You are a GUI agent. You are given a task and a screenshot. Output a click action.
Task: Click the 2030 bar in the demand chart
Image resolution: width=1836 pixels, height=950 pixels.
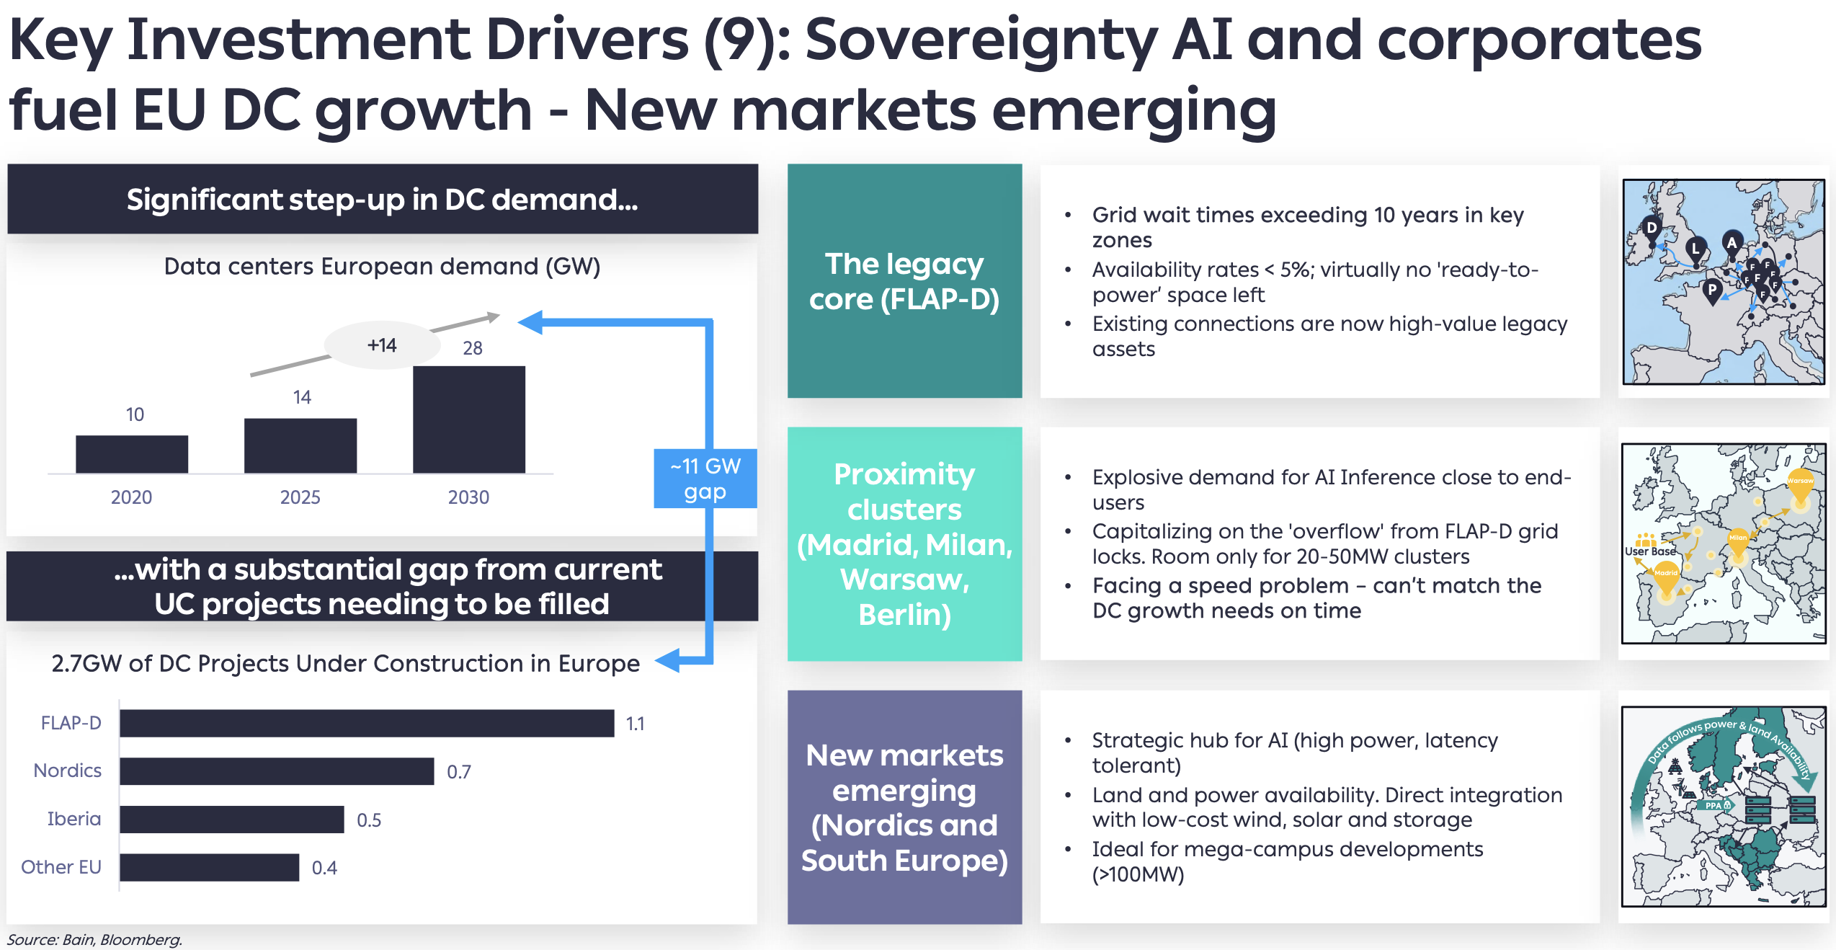[469, 419]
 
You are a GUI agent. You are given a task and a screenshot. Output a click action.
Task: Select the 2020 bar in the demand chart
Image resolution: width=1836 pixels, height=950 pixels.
[132, 454]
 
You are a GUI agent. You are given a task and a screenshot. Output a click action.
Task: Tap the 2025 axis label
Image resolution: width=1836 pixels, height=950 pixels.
[300, 497]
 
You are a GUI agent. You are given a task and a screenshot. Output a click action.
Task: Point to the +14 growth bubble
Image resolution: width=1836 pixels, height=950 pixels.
[382, 345]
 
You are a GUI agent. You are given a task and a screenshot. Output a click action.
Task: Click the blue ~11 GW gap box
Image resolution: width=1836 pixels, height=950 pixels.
[705, 479]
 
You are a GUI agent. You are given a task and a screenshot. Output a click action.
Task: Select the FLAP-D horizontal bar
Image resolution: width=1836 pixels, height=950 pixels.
[367, 723]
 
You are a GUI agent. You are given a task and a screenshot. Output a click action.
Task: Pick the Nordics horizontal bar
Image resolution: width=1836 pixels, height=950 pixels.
[277, 771]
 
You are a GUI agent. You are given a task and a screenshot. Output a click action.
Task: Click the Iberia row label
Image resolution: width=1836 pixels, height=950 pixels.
[74, 819]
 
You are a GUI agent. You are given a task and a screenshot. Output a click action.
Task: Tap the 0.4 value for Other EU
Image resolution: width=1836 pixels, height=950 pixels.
[324, 868]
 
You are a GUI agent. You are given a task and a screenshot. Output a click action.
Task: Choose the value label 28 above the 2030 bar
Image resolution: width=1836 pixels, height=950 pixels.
[473, 348]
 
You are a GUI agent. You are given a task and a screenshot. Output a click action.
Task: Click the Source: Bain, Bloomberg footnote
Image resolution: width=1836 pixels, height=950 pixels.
[94, 940]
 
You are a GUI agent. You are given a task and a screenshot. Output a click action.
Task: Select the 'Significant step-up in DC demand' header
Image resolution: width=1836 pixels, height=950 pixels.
[383, 200]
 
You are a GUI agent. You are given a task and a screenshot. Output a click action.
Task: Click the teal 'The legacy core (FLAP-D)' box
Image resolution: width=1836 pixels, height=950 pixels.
[904, 281]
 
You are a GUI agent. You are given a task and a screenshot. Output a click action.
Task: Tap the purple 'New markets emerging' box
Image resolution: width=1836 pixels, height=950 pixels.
[904, 807]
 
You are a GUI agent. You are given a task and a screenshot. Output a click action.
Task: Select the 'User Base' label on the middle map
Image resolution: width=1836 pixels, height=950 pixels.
[1650, 551]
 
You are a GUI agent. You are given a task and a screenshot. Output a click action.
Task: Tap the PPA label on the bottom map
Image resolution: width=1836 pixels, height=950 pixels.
[1713, 806]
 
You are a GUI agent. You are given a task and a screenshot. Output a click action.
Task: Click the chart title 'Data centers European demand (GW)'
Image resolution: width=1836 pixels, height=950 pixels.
[382, 267]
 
